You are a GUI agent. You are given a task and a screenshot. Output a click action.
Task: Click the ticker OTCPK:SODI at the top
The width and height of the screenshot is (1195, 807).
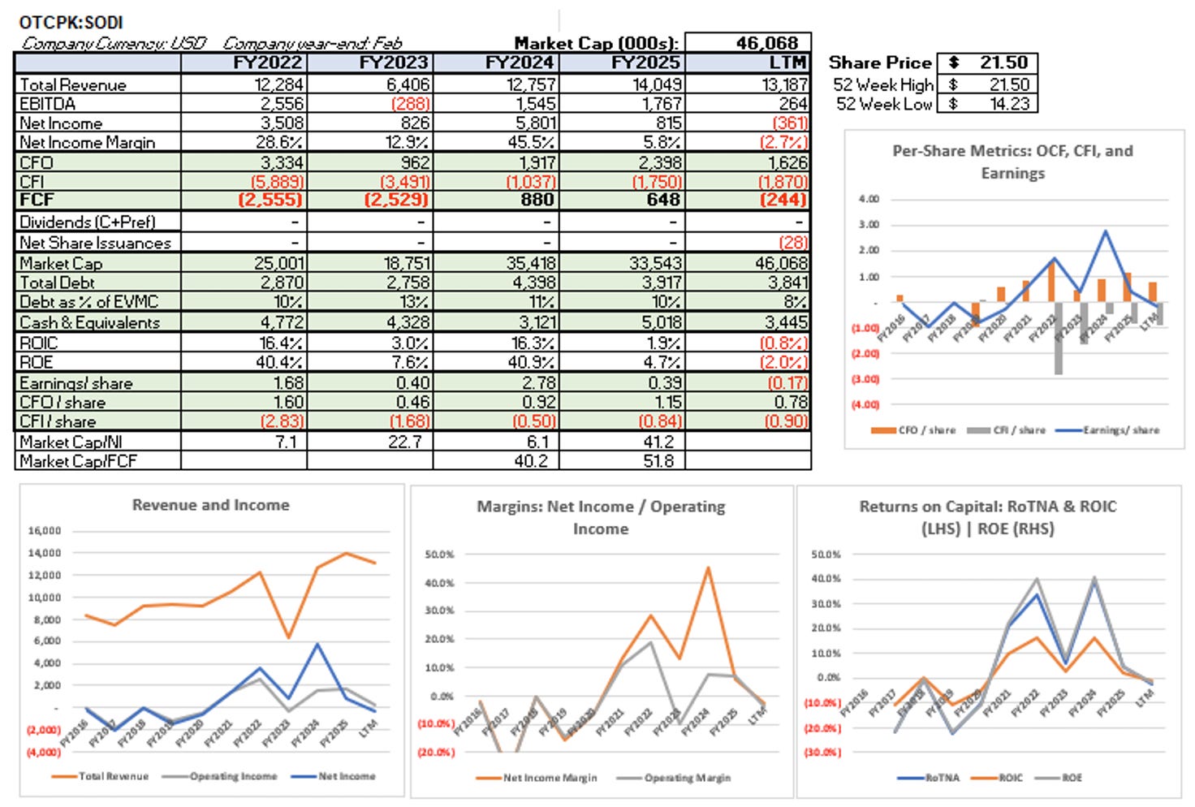pyautogui.click(x=71, y=22)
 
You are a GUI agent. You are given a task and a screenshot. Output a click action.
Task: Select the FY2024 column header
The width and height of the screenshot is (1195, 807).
pyautogui.click(x=520, y=63)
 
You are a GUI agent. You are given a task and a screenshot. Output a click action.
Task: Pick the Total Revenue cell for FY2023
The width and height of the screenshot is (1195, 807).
pyautogui.click(x=403, y=84)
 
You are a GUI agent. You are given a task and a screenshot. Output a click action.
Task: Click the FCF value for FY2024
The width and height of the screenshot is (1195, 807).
pyautogui.click(x=537, y=200)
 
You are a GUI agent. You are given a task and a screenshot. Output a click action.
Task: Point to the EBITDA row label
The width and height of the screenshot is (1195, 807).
pyautogui.click(x=48, y=104)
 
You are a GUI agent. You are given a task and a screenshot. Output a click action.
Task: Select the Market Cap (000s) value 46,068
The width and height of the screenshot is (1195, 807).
pyautogui.click(x=766, y=43)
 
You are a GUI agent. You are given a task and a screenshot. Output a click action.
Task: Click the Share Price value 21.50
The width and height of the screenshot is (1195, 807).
pyautogui.click(x=1003, y=63)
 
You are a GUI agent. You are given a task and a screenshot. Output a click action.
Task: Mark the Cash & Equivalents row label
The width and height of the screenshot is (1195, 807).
pyautogui.click(x=90, y=322)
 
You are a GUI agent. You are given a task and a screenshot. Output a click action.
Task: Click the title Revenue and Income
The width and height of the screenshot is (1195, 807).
pyautogui.click(x=210, y=505)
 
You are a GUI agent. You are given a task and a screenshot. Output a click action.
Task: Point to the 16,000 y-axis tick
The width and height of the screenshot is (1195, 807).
pyautogui.click(x=45, y=531)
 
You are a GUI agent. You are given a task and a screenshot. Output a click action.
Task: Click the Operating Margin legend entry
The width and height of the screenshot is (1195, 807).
pyautogui.click(x=687, y=778)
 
